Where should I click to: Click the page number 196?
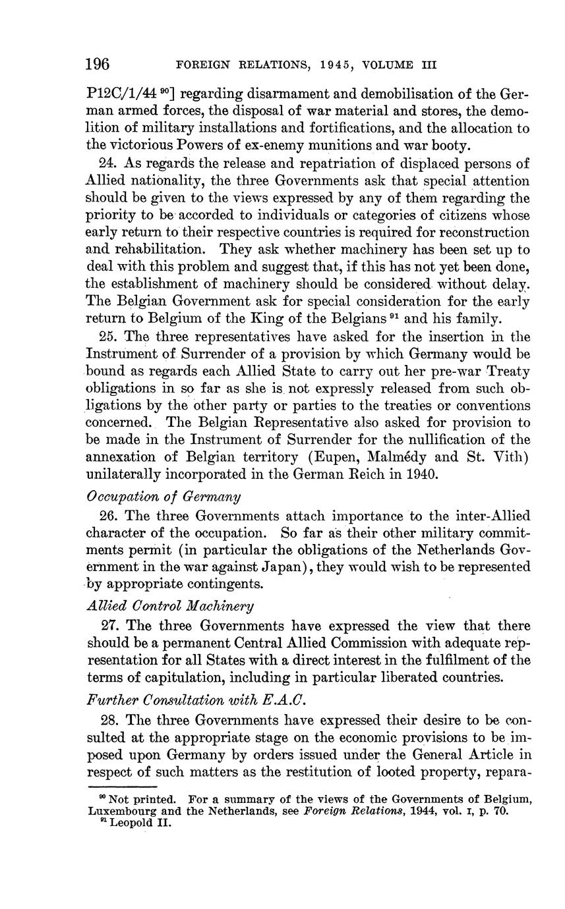point(98,65)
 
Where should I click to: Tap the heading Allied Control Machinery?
point(170,605)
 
